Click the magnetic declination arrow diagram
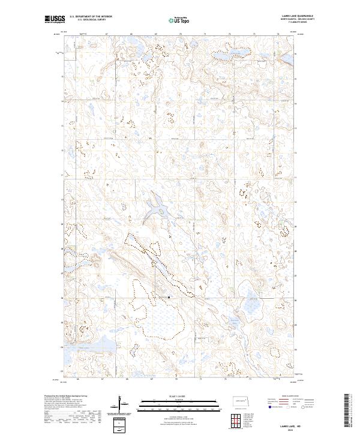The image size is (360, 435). [122, 405]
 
